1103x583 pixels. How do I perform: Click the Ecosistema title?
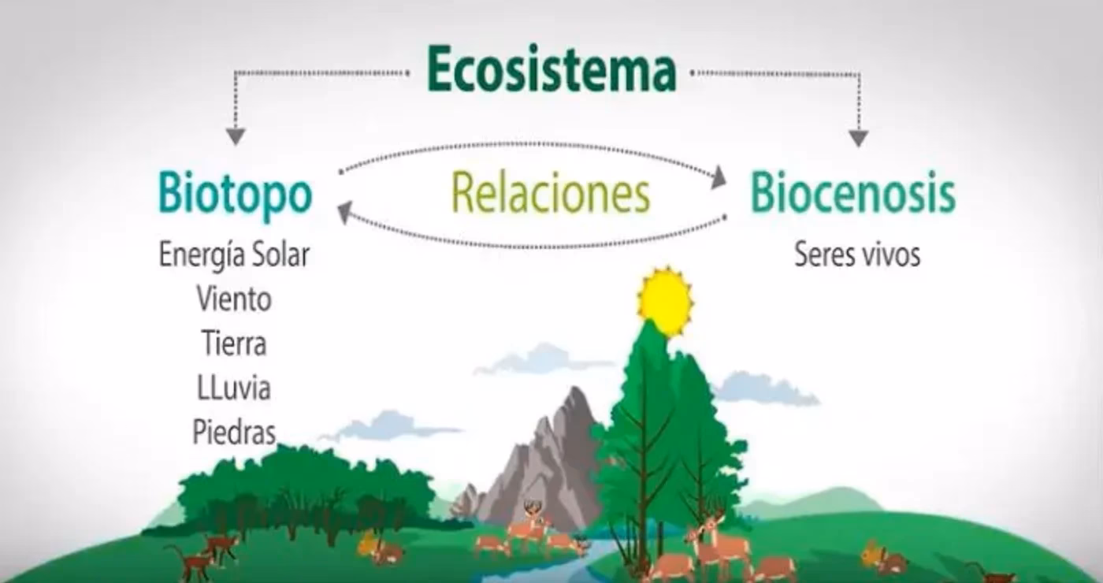551,71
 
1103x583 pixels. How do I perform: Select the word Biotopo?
235,194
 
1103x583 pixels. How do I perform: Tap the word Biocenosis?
852,194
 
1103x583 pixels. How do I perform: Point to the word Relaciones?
550,194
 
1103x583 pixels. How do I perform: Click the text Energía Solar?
234,255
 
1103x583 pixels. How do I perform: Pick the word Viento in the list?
234,299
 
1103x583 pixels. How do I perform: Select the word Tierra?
234,343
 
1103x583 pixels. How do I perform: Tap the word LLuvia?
234,388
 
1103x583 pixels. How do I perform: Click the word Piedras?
234,433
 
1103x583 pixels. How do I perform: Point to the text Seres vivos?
857,254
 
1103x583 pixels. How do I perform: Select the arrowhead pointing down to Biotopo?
235,136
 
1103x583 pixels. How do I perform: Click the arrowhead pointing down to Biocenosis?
858,138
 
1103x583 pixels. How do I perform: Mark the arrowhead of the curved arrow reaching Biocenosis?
719,178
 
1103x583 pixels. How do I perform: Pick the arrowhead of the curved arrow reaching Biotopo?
344,211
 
